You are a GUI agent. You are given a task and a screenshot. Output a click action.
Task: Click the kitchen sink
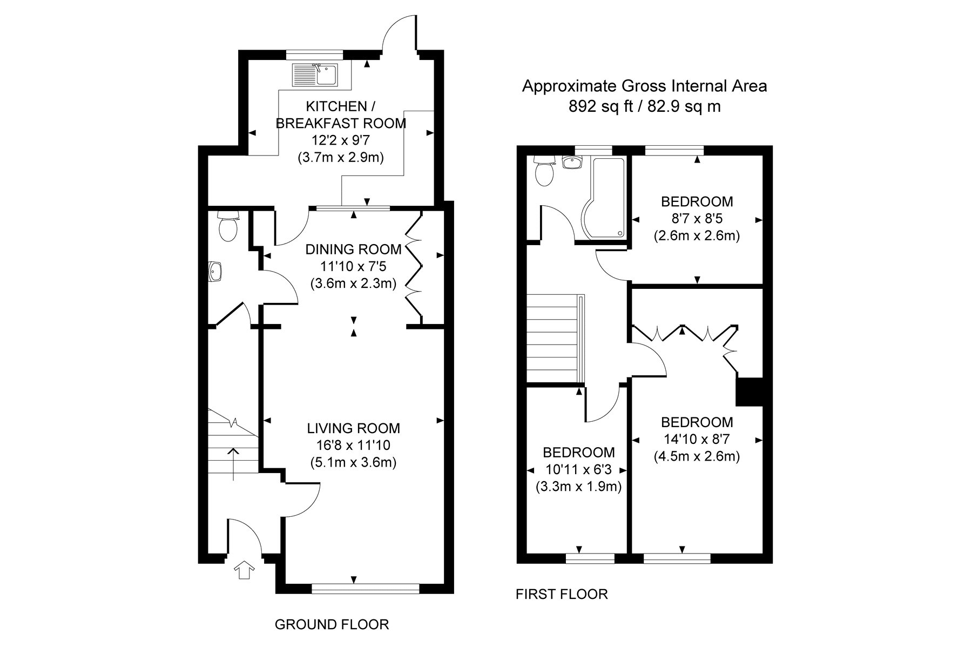pos(315,75)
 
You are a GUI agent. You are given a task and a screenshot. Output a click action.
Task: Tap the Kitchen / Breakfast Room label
pos(341,114)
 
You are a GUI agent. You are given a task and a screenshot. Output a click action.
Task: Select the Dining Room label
pos(353,249)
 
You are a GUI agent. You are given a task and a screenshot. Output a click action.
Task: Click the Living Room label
pos(353,428)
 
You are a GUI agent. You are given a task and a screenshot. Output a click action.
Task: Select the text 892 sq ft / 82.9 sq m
pos(644,106)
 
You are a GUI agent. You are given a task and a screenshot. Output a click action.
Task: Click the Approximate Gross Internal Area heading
pos(644,86)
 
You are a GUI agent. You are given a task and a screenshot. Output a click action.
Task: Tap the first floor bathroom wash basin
pos(570,163)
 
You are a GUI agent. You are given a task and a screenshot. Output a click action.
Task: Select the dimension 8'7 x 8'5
pos(697,219)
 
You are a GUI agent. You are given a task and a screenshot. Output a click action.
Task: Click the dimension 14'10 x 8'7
pos(697,439)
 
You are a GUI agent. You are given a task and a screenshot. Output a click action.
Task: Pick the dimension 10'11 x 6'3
pos(578,469)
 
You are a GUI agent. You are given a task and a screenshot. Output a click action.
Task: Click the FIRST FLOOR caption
pos(562,595)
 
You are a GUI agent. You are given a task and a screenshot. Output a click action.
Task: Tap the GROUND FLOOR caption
pos(332,625)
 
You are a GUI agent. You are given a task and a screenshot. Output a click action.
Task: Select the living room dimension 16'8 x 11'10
pos(353,446)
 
